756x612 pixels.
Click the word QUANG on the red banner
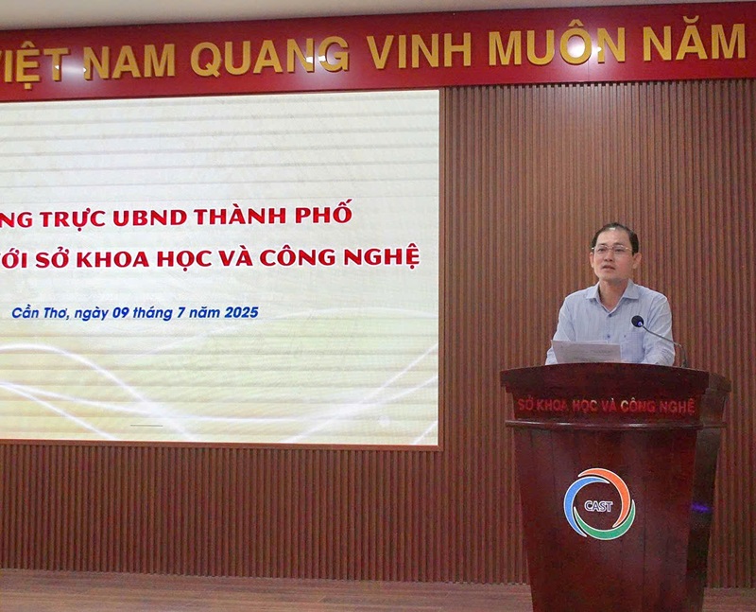[x=269, y=56]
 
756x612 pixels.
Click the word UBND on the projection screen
[x=150, y=218]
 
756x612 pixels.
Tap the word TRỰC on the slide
[x=73, y=219]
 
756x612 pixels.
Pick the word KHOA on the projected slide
[x=112, y=259]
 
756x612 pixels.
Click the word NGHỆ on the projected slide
[x=388, y=256]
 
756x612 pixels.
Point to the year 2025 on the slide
[x=242, y=312]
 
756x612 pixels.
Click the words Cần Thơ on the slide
[x=41, y=312]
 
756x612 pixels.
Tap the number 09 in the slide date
[x=121, y=313]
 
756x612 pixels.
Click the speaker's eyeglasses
[x=611, y=250]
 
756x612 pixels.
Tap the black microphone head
[x=637, y=321]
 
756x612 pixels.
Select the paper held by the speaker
[x=585, y=352]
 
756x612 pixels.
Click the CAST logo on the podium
[x=599, y=504]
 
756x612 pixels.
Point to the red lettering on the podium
[x=606, y=406]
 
